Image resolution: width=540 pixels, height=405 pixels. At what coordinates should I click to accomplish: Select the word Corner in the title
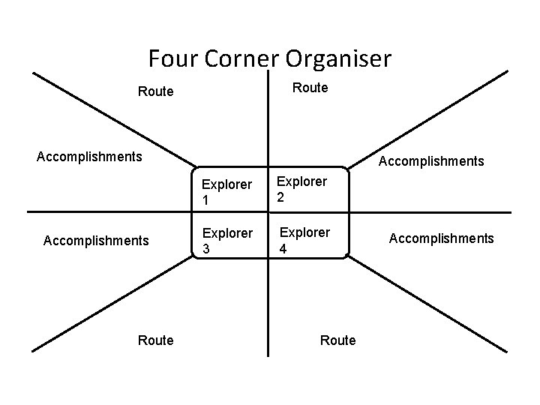tap(244, 58)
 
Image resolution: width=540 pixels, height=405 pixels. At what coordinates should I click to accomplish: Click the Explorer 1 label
tap(217, 193)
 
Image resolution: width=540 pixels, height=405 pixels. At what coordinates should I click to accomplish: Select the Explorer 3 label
tap(217, 241)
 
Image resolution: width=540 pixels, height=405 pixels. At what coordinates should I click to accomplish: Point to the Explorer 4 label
tap(304, 239)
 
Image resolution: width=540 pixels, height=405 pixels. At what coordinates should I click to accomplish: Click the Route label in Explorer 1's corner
tap(155, 92)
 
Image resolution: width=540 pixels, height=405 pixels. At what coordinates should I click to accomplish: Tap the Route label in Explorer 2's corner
tap(310, 88)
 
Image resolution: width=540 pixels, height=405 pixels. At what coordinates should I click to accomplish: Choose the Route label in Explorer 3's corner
tap(155, 340)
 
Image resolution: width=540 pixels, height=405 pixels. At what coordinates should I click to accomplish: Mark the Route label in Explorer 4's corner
tap(337, 340)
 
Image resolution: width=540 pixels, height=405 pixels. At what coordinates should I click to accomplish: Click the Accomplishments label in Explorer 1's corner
tap(89, 157)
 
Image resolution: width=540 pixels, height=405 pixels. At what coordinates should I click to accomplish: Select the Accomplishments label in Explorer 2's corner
tap(431, 161)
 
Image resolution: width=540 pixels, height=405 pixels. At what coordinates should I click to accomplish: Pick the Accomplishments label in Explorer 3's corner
tap(96, 241)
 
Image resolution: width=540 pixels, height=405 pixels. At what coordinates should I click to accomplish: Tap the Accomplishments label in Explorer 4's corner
tap(441, 238)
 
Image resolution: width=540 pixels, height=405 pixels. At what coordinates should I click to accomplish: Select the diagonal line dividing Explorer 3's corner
tap(112, 304)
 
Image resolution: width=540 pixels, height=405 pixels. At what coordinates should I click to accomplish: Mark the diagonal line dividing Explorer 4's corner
tap(427, 304)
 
